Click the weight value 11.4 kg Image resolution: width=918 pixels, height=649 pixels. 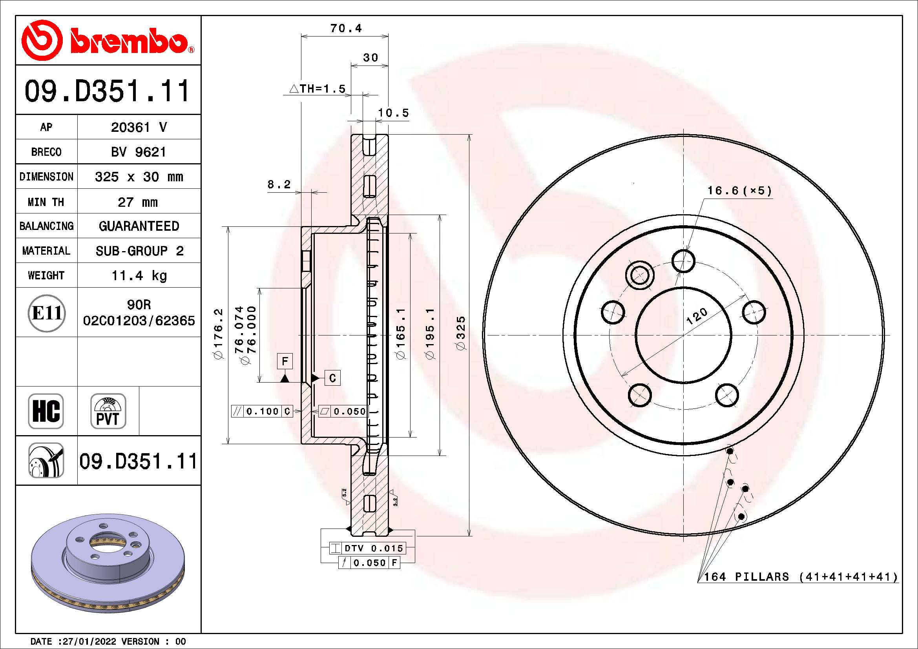click(139, 275)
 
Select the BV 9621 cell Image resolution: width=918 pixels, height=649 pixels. click(139, 152)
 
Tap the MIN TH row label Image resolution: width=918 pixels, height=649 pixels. click(46, 202)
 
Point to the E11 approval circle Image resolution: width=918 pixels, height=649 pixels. click(46, 313)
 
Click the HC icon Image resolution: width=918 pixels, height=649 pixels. click(46, 411)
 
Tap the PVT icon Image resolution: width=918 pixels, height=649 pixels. click(108, 411)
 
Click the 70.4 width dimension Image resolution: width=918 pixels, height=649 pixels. click(345, 28)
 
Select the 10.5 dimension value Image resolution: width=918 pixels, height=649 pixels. click(393, 113)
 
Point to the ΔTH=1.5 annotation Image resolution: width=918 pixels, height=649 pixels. click(318, 89)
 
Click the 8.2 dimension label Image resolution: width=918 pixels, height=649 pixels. click(279, 185)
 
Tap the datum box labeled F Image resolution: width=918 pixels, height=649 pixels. click(285, 361)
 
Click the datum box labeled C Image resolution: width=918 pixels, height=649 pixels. click(332, 378)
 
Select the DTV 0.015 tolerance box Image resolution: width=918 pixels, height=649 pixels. click(367, 548)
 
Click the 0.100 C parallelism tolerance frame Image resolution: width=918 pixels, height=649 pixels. click(262, 411)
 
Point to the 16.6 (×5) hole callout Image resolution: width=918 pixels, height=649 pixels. click(739, 191)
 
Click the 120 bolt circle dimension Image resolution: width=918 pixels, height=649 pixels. click(697, 317)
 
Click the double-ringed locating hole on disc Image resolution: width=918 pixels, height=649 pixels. click(639, 275)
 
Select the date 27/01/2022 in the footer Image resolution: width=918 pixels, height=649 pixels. click(89, 642)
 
